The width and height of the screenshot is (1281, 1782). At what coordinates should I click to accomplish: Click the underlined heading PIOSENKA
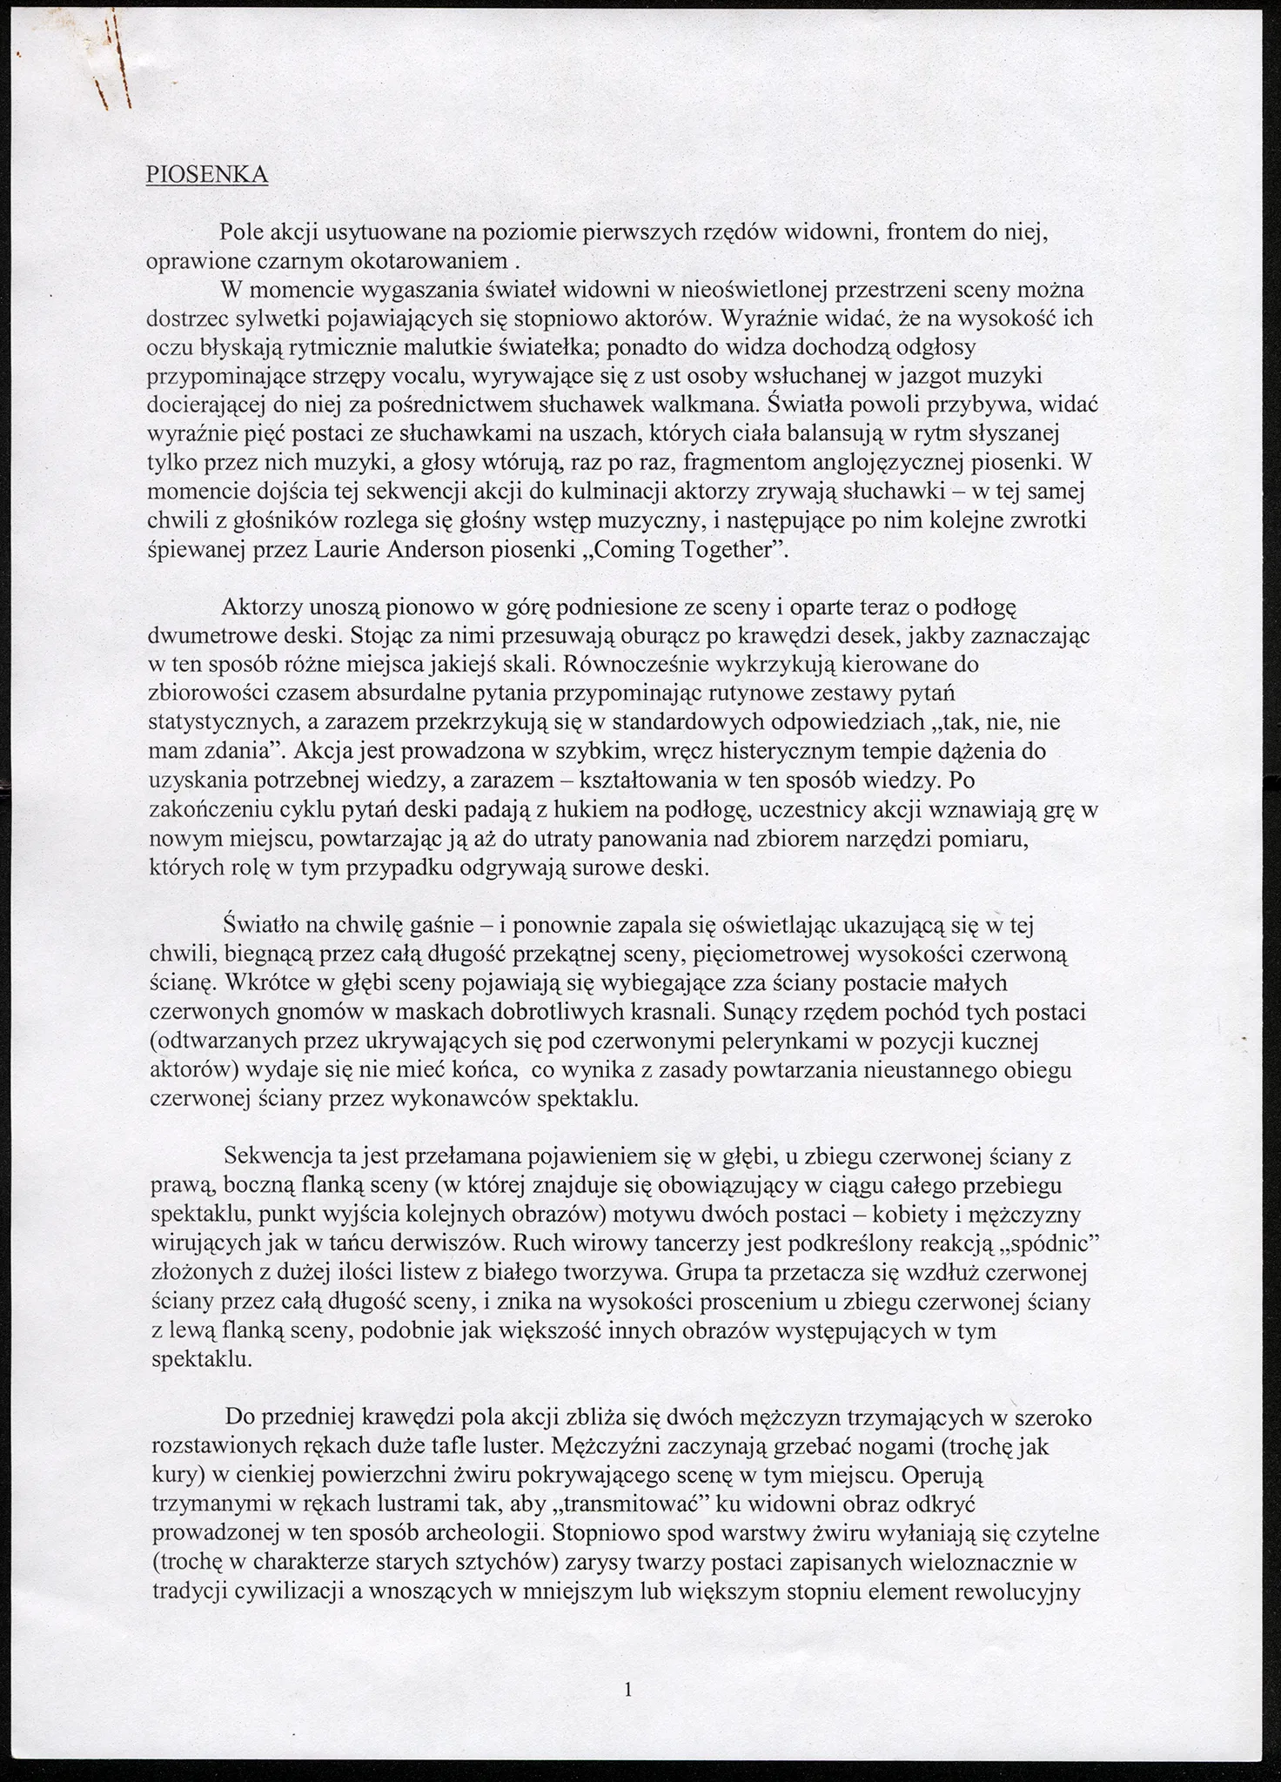[206, 175]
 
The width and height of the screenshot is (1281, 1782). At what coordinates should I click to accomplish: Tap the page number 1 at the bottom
[628, 1690]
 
